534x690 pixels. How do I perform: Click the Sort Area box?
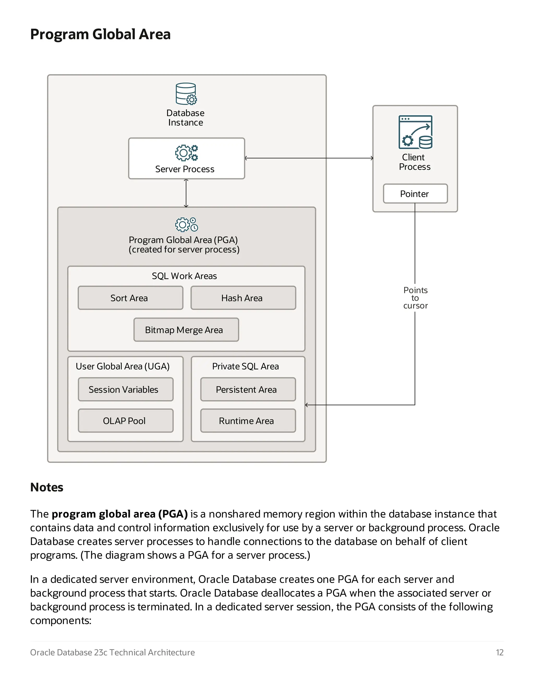coord(130,298)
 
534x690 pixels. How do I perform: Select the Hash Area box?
coord(243,298)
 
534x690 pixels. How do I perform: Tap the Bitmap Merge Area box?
coord(186,330)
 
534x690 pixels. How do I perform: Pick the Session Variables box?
coord(126,390)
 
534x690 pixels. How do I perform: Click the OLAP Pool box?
coord(126,421)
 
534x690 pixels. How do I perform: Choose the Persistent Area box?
coord(248,390)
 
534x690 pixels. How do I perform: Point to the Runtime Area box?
coord(248,421)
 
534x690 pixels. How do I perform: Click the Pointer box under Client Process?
coord(415,194)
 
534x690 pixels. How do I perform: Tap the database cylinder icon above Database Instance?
coord(186,94)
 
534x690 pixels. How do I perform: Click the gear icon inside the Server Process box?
coord(186,153)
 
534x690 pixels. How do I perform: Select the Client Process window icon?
coord(415,132)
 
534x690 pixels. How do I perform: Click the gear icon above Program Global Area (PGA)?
coord(186,225)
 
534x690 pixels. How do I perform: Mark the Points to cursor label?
coord(415,298)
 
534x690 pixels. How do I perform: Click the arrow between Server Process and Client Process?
coord(309,158)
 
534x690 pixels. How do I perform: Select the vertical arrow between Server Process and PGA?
coord(186,193)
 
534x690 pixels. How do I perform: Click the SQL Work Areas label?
coord(184,276)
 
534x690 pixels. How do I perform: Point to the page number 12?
coord(499,653)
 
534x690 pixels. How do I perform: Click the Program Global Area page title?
coord(100,34)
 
